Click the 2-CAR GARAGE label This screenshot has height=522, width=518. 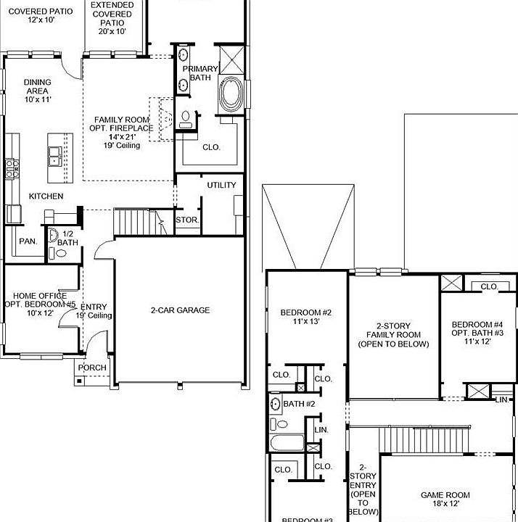(180, 310)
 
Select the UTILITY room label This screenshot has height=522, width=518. (221, 185)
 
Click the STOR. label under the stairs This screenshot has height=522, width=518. (186, 220)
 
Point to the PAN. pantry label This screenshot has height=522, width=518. (28, 241)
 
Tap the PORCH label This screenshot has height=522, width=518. (92, 368)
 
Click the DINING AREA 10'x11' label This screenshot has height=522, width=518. (36, 91)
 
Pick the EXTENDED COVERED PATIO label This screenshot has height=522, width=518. (112, 19)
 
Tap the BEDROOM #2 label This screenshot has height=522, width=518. (305, 317)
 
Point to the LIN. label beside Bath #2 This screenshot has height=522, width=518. (321, 430)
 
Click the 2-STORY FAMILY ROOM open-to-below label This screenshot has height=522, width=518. (393, 335)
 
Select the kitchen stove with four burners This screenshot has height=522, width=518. (12, 169)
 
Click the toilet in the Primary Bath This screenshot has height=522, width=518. (186, 117)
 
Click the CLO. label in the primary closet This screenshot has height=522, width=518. (211, 147)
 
